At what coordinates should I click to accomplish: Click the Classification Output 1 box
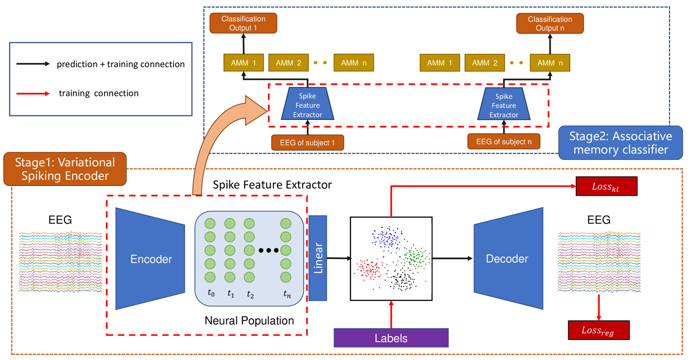pyautogui.click(x=243, y=23)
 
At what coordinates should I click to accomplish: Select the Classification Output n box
pyautogui.click(x=550, y=23)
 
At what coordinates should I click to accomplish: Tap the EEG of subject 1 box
pyautogui.click(x=307, y=142)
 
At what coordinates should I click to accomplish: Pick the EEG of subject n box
pyautogui.click(x=503, y=142)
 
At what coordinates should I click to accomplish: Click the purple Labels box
pyautogui.click(x=391, y=338)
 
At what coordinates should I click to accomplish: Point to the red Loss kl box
pyautogui.click(x=606, y=186)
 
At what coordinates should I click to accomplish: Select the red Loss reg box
pyautogui.click(x=598, y=330)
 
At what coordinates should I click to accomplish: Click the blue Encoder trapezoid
pyautogui.click(x=151, y=258)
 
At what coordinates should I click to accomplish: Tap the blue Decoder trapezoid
pyautogui.click(x=508, y=258)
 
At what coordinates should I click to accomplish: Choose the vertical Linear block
pyautogui.click(x=318, y=258)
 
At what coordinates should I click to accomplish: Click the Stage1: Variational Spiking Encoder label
pyautogui.click(x=65, y=169)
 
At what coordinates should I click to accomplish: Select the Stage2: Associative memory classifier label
pyautogui.click(x=620, y=143)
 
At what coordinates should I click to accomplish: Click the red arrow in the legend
pyautogui.click(x=33, y=93)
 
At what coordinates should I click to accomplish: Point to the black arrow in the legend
pyautogui.click(x=33, y=64)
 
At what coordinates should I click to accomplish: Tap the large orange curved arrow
pyautogui.click(x=213, y=141)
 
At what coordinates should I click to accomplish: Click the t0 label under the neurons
pyautogui.click(x=211, y=293)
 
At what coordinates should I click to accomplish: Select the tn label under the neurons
pyautogui.click(x=287, y=294)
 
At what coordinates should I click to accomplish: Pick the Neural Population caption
pyautogui.click(x=249, y=321)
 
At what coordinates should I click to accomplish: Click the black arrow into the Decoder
pyautogui.click(x=452, y=258)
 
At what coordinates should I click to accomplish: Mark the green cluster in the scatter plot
pyautogui.click(x=415, y=257)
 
